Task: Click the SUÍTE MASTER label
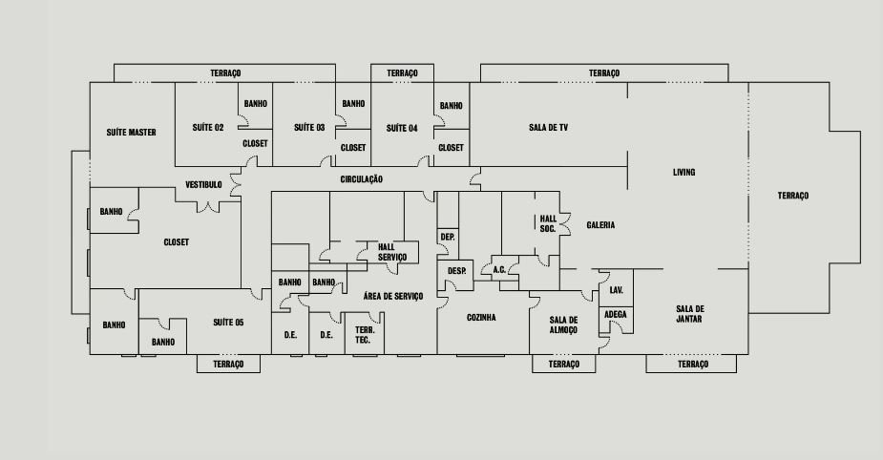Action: tap(132, 133)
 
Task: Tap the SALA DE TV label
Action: tap(549, 127)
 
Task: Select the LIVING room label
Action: tap(683, 173)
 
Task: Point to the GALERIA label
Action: tap(600, 225)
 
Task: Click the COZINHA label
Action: tap(481, 318)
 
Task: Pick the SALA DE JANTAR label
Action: tap(690, 314)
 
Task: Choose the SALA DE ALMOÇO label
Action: tap(564, 325)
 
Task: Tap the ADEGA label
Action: tap(616, 314)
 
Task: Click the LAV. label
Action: tap(616, 289)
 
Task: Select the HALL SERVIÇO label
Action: tap(392, 252)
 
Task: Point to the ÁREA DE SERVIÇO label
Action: tap(392, 296)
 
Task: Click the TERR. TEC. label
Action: tap(363, 335)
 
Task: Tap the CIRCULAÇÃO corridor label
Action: tap(362, 178)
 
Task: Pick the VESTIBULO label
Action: tap(203, 184)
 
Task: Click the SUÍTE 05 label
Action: tap(228, 323)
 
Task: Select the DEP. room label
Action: tap(447, 236)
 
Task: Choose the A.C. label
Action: tap(499, 270)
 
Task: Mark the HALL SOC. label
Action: tap(548, 223)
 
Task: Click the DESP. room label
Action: tap(456, 271)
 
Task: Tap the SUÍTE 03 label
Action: tap(309, 128)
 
